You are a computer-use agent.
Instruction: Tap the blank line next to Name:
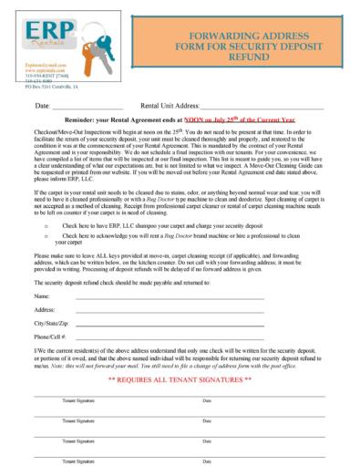[164, 298]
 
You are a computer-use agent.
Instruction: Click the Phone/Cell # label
[50, 336]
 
